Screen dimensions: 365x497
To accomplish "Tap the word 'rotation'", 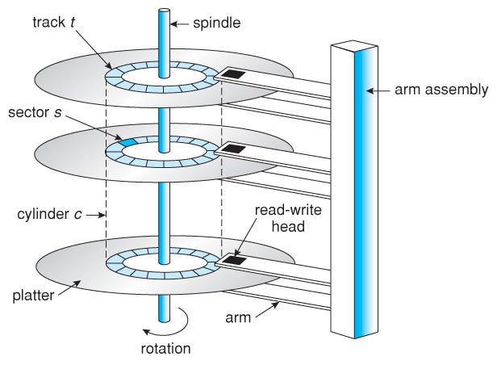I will point(165,350).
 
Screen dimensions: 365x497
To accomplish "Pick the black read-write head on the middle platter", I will point(235,149).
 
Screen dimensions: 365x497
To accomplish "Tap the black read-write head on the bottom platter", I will point(235,260).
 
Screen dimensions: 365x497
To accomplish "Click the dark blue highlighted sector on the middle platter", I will point(129,141).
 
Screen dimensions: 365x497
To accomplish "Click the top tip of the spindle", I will point(164,11).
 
